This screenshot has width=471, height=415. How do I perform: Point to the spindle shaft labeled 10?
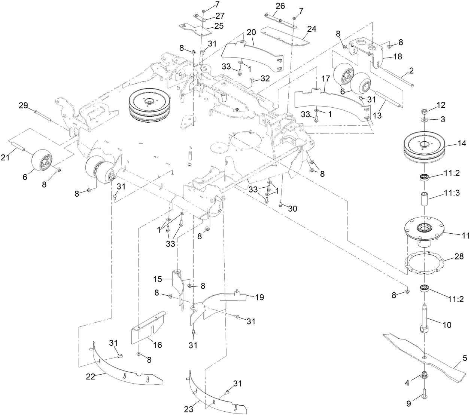point(425,318)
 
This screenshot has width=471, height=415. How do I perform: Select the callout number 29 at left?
point(23,105)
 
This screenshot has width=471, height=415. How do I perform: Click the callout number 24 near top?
point(312,29)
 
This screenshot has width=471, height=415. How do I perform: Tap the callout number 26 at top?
point(280,6)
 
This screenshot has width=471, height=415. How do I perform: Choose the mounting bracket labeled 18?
point(365,50)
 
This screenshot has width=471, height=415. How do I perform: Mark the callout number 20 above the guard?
point(251,32)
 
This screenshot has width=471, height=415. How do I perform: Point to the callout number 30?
point(292,209)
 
